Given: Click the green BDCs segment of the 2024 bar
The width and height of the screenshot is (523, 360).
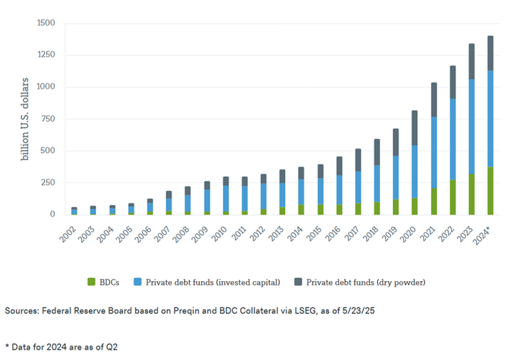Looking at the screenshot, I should tap(490, 190).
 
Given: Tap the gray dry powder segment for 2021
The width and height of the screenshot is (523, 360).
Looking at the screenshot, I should tap(434, 100).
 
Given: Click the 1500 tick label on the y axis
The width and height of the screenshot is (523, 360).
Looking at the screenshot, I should tap(45, 23).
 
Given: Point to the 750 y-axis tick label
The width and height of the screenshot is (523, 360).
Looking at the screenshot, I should tap(48, 119).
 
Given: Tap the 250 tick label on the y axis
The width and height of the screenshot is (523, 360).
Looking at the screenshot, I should tap(48, 183).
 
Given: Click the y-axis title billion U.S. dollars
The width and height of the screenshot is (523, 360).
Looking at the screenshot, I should tap(25, 118).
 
